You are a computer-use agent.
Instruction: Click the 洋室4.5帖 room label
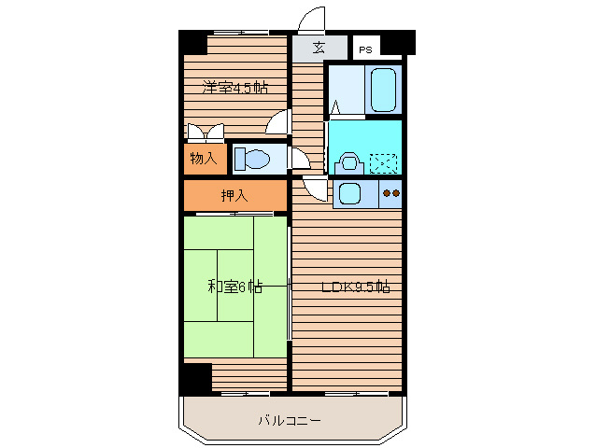(x=235, y=89)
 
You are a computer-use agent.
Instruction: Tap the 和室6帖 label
(x=234, y=287)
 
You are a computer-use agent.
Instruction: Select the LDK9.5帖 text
(x=355, y=287)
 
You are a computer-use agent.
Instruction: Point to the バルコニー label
(x=290, y=421)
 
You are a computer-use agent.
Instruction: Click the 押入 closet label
(x=234, y=196)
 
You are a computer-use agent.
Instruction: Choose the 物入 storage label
(x=203, y=158)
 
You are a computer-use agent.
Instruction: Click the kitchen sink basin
(x=350, y=195)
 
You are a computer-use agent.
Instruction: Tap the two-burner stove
(x=390, y=194)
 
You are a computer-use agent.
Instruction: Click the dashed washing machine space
(x=383, y=162)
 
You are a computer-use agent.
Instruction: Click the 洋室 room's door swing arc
(x=277, y=122)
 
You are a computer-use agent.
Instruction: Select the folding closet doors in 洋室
(x=205, y=132)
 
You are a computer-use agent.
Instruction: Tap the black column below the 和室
(x=196, y=377)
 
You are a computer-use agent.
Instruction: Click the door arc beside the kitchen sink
(x=317, y=191)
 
